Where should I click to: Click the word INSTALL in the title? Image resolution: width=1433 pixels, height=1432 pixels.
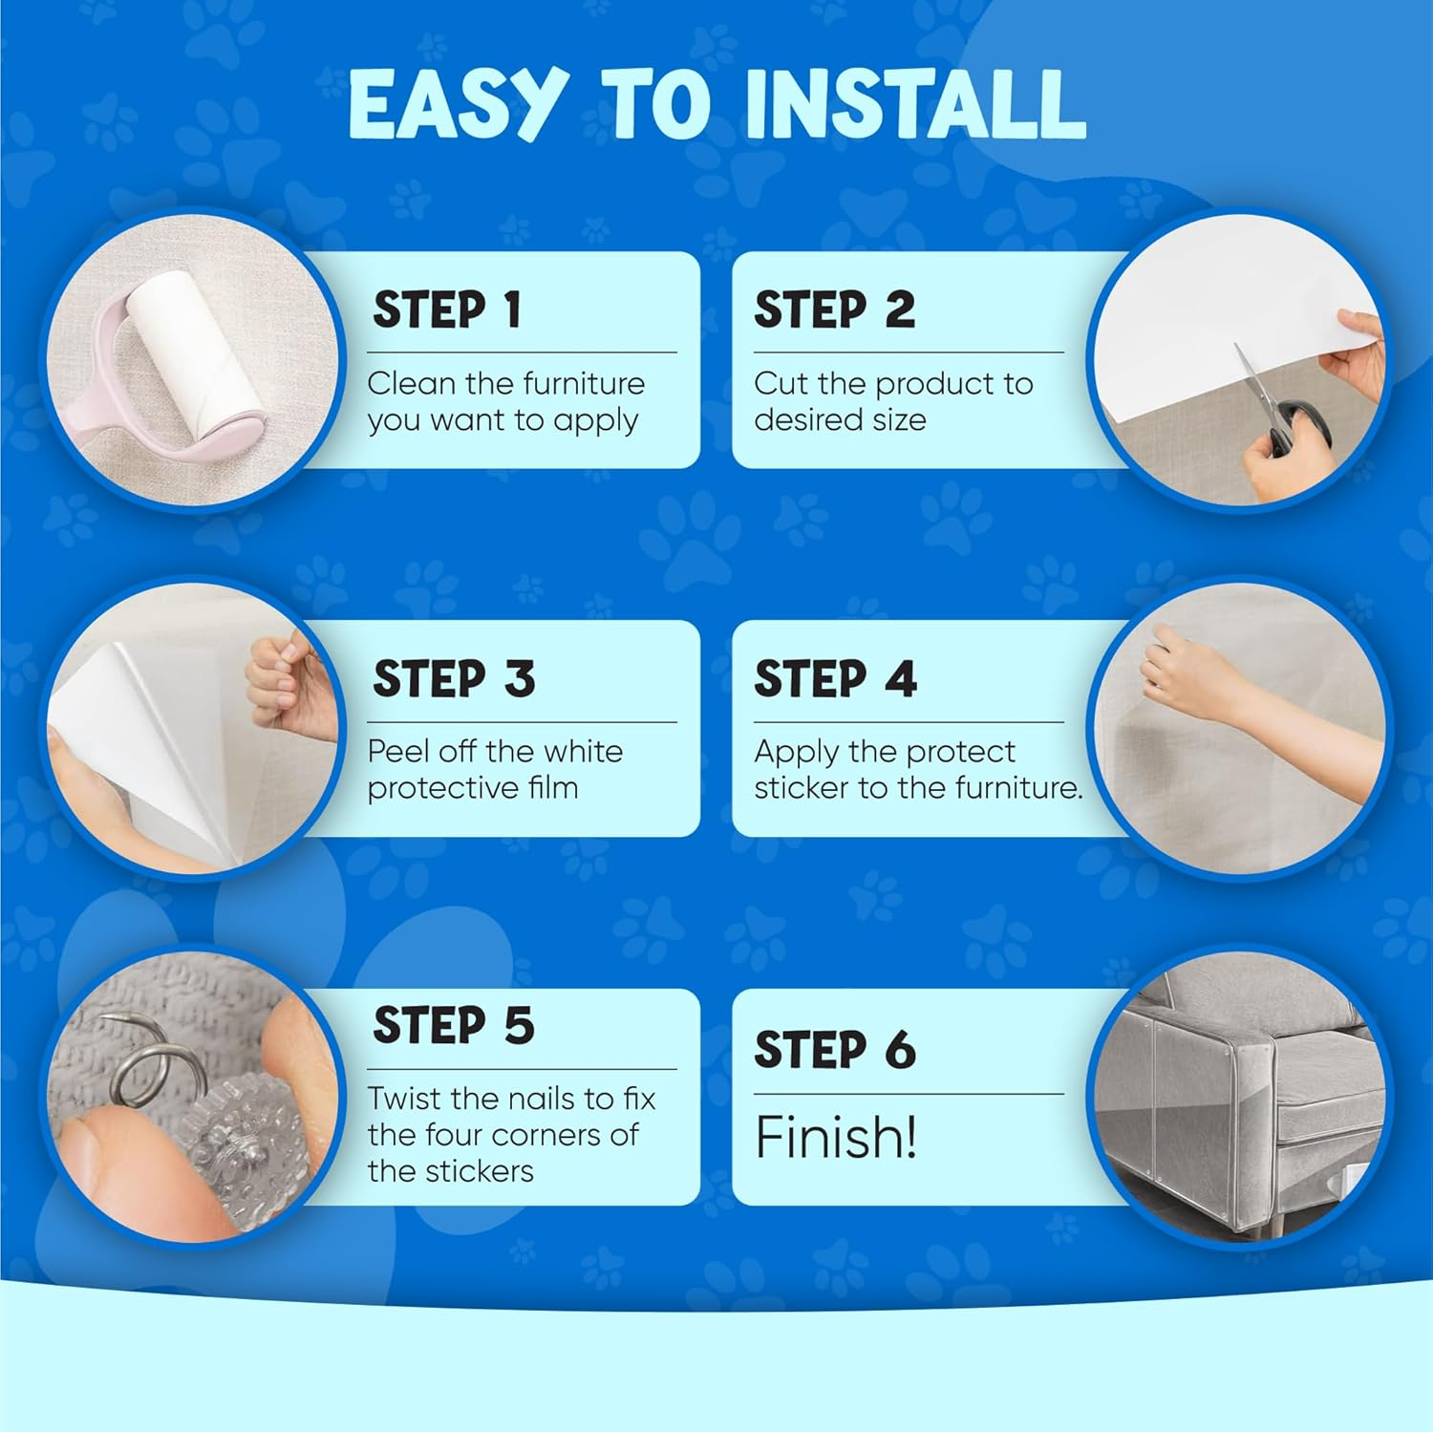point(916,105)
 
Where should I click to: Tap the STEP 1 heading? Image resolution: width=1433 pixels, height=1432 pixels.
point(447,310)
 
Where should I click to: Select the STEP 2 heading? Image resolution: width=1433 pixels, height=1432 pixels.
point(835,310)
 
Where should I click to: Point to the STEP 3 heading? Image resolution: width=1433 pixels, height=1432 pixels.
point(454,679)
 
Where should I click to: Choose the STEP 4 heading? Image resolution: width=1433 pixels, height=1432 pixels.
point(836,679)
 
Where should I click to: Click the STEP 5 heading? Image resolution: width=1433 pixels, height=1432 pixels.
point(454,1026)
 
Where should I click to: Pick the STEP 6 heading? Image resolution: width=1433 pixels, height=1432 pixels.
point(836,1050)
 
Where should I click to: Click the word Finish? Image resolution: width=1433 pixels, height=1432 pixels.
point(836,1137)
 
